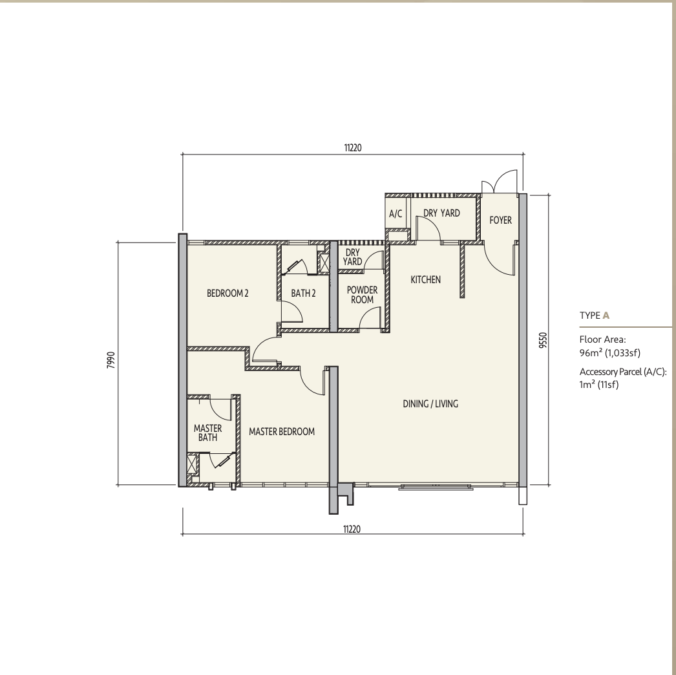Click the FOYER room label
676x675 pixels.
[500, 220]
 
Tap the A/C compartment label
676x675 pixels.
[396, 213]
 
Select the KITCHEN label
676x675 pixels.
[425, 279]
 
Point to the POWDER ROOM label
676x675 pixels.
[362, 295]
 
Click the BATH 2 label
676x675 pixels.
[303, 294]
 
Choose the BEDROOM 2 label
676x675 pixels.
[227, 294]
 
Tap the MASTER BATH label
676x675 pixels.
[208, 433]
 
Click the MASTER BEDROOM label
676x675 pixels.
[282, 431]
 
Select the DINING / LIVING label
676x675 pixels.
[430, 403]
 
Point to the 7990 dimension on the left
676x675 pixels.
[111, 359]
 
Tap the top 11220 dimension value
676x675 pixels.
[353, 147]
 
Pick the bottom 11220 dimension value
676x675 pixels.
[352, 529]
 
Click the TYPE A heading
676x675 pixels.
[595, 316]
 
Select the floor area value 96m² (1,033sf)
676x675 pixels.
[609, 353]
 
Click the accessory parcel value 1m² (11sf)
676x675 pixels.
[599, 384]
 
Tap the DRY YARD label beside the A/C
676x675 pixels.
[441, 213]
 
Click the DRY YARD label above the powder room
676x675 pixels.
[352, 257]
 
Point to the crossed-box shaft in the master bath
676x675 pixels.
[191, 464]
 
